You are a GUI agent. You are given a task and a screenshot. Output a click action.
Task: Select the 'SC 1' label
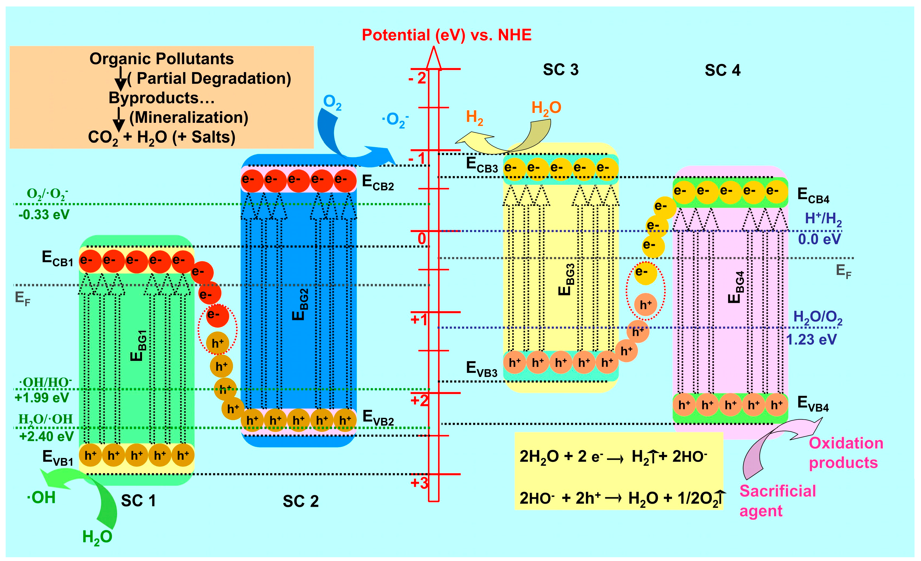point(138,501)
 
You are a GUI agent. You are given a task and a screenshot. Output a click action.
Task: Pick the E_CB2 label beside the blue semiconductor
point(378,183)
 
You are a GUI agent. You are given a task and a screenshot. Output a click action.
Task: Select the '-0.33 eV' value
point(44,215)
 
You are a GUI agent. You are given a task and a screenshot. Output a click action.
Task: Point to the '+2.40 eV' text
point(46,436)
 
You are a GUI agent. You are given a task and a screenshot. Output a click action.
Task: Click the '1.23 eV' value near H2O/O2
point(811,339)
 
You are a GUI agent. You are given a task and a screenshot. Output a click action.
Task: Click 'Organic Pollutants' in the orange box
point(161,59)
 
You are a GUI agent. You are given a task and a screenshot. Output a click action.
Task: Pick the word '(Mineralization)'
point(189,117)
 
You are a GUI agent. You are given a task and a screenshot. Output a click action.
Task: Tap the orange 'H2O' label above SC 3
point(546,108)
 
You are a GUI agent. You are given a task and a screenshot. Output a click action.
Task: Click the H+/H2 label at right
point(823,218)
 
